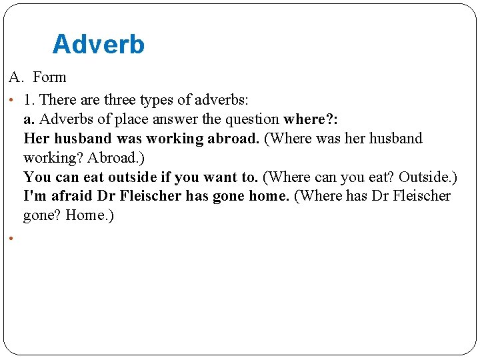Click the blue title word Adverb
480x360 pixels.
(98, 45)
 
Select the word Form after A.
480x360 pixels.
(49, 77)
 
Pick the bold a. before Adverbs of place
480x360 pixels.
(29, 119)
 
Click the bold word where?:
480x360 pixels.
(311, 119)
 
